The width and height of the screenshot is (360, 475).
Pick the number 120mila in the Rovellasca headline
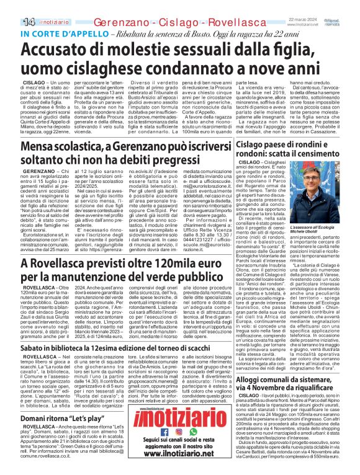click(161, 280)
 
